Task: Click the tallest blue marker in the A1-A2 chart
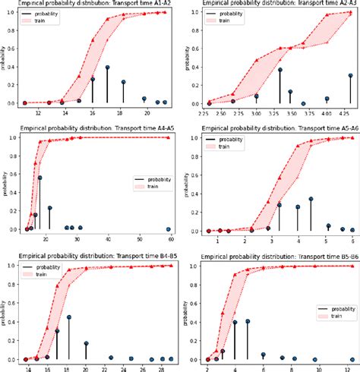tap(108, 68)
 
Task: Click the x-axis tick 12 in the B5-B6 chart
tap(347, 368)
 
